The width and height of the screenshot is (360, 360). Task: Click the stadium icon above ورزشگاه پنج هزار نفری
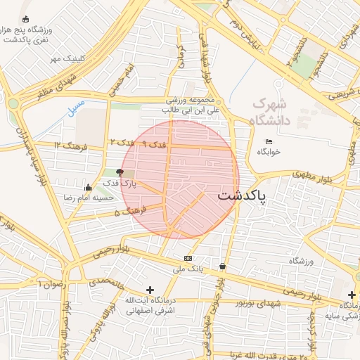pos(26,19)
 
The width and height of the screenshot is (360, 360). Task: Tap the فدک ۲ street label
pos(122,142)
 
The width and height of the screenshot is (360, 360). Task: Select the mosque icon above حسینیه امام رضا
pos(87,187)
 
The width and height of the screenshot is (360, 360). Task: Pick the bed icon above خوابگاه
pos(269,141)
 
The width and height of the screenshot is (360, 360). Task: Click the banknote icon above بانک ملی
pos(188,258)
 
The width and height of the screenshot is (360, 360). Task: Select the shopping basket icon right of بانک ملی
pos(223,266)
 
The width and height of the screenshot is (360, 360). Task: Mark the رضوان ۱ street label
pos(51,283)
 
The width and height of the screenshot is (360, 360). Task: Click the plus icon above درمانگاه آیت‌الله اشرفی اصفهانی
pos(149,290)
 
